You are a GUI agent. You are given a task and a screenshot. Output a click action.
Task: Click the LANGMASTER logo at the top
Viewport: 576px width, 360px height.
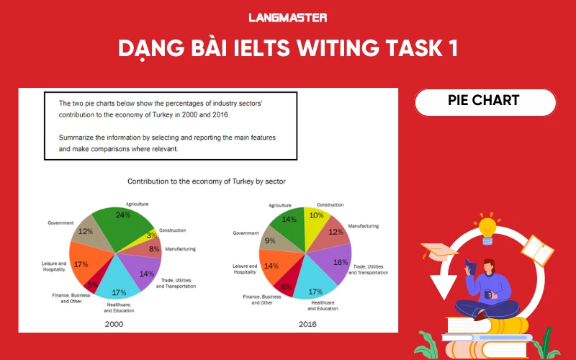tap(288, 17)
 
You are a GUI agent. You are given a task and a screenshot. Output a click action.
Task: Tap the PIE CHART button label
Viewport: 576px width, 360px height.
tap(485, 101)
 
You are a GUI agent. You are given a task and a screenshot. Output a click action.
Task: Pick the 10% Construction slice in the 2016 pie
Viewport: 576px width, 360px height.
tap(316, 218)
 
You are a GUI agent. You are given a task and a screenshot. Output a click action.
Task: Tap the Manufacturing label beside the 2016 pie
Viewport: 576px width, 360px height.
tap(363, 226)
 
